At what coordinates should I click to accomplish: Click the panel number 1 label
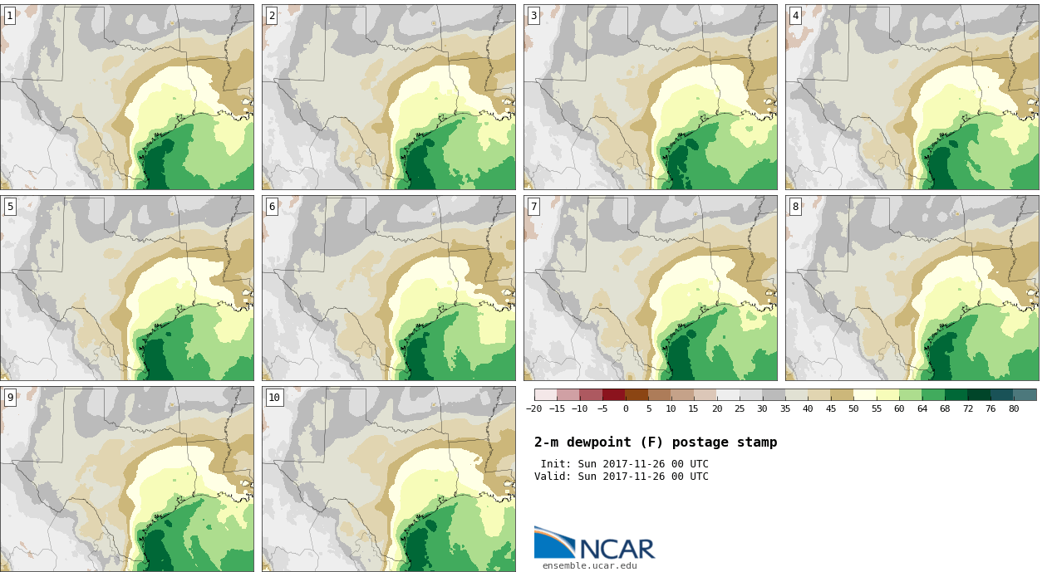10,16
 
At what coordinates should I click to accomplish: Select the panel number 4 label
795,16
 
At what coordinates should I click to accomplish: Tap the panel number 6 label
272,207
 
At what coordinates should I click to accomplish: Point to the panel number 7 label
533,207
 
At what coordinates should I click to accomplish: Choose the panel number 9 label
10,398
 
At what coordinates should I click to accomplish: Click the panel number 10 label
274,398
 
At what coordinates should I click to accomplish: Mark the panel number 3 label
533,16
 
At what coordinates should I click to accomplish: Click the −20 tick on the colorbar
533,408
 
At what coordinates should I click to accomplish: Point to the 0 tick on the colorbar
626,408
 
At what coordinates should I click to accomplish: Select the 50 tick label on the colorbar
853,408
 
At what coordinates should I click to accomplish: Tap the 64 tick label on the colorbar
922,408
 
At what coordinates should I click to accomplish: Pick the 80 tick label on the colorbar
1013,408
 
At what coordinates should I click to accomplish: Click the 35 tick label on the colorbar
785,408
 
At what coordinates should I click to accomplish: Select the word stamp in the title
757,442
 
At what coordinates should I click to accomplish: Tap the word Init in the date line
554,464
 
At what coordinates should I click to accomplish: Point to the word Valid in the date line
551,477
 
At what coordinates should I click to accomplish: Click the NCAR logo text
617,549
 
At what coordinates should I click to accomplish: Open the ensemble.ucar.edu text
590,566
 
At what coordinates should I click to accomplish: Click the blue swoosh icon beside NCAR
553,542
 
